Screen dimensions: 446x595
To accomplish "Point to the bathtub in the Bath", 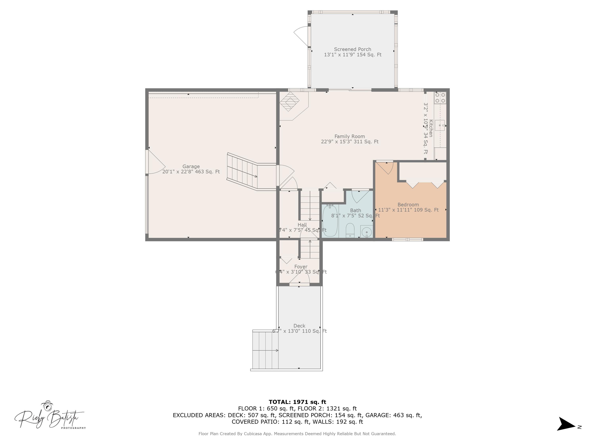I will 330,221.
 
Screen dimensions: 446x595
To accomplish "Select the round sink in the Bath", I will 366,232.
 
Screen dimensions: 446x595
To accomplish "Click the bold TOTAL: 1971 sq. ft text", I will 297,402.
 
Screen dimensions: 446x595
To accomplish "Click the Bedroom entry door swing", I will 386,167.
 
